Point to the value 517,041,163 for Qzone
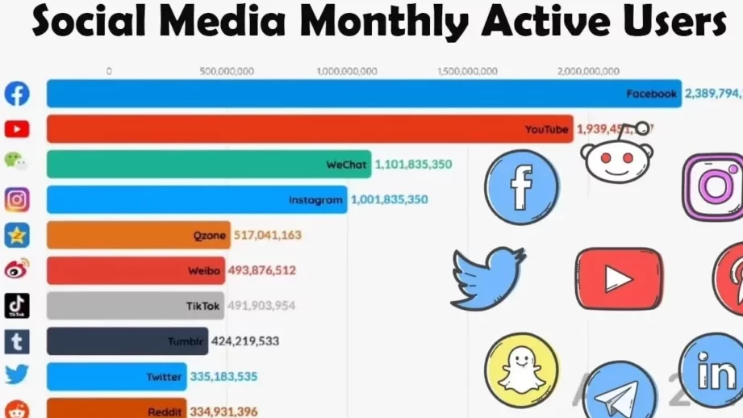click(268, 236)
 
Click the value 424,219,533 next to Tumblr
click(245, 341)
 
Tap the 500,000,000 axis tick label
click(227, 72)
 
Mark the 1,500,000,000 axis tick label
click(469, 72)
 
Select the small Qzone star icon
click(16, 235)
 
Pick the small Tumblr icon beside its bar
click(16, 341)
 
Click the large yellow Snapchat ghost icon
click(521, 370)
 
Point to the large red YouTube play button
click(619, 278)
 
